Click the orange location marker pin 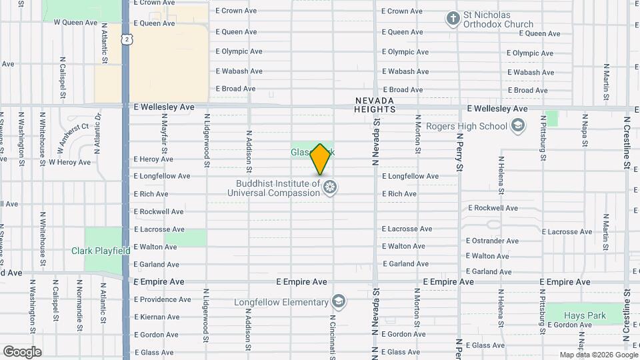coord(320,159)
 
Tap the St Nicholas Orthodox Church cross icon coord(453,19)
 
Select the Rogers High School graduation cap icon coord(518,126)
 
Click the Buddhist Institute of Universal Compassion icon coord(329,188)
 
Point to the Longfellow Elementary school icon coord(339,302)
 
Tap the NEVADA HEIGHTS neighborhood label coord(375,104)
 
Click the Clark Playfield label coord(101,251)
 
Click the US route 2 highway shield coord(126,40)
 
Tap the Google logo coord(22,352)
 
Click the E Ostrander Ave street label coord(492,241)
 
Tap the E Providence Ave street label coord(162,299)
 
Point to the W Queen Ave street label coord(75,22)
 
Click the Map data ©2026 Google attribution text coord(598,355)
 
